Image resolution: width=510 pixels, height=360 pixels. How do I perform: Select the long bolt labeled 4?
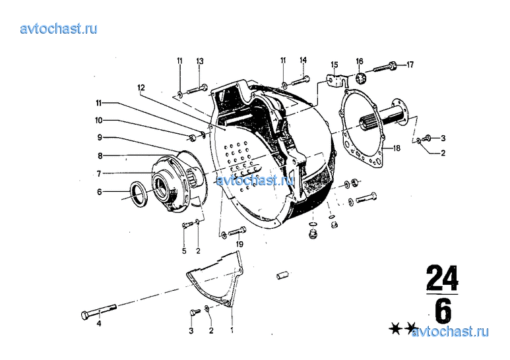[x=99, y=309]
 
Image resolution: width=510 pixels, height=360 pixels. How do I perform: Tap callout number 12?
[x=141, y=87]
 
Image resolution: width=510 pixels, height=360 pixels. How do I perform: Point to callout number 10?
[x=98, y=121]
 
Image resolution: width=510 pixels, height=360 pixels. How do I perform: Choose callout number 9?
[x=100, y=138]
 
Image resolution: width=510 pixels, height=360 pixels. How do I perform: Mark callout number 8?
[x=100, y=156]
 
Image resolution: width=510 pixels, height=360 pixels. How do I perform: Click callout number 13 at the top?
[x=199, y=61]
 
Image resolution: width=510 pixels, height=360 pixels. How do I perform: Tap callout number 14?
[x=303, y=61]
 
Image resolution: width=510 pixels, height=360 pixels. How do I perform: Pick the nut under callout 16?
[x=360, y=80]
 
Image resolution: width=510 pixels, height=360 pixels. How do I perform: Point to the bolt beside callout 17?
[x=387, y=67]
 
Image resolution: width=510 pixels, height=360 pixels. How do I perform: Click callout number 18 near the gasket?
[x=397, y=149]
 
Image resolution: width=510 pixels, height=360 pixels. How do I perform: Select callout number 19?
[x=240, y=244]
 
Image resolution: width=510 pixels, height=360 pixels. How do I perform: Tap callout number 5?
[x=185, y=251]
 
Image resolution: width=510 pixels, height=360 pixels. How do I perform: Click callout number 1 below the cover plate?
[x=232, y=329]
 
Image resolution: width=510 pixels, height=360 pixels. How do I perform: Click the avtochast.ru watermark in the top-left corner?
[x=59, y=28]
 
